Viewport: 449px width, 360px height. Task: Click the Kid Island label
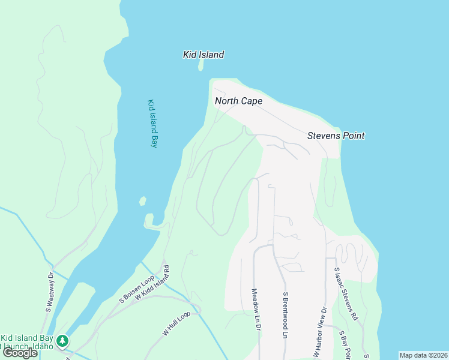(x=203, y=55)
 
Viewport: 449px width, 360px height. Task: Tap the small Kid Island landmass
(x=200, y=65)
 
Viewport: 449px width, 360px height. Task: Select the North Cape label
(x=238, y=101)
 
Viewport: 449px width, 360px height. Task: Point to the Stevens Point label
(x=336, y=136)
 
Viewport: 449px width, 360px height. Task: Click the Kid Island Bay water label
(x=152, y=123)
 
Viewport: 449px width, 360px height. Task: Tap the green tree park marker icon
(x=62, y=341)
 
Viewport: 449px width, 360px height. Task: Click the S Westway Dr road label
(x=49, y=292)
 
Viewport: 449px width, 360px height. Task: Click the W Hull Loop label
(x=175, y=324)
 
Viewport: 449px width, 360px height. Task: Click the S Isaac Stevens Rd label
(x=346, y=294)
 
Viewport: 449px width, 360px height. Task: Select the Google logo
(x=20, y=353)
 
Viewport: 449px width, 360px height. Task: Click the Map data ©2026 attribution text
(x=424, y=355)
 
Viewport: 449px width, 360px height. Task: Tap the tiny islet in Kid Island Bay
(x=143, y=201)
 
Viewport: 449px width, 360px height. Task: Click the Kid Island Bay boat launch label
(x=27, y=343)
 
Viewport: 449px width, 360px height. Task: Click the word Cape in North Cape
(x=252, y=101)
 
